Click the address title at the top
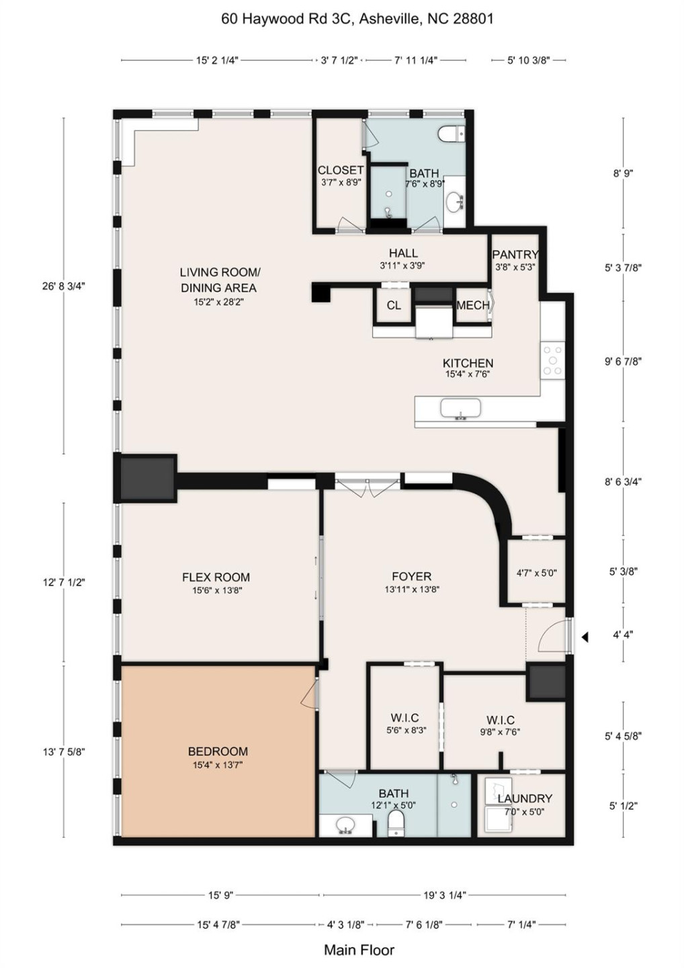pos(357,19)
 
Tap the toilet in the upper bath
pos(451,134)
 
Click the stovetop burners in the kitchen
pos(553,361)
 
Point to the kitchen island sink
pos(460,409)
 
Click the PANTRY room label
pos(515,254)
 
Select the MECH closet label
pos(472,305)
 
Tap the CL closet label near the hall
pos(394,305)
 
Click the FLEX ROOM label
pos(216,577)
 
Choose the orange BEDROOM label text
pos(218,751)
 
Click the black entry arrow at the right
pos(585,637)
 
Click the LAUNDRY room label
pos(525,798)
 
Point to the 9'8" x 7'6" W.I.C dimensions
pos(500,732)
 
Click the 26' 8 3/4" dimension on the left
pos(64,286)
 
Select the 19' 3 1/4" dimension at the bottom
pos(443,895)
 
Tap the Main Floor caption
pos(359,950)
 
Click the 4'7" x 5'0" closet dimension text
pos(536,573)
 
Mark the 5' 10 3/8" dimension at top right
pos(529,60)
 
